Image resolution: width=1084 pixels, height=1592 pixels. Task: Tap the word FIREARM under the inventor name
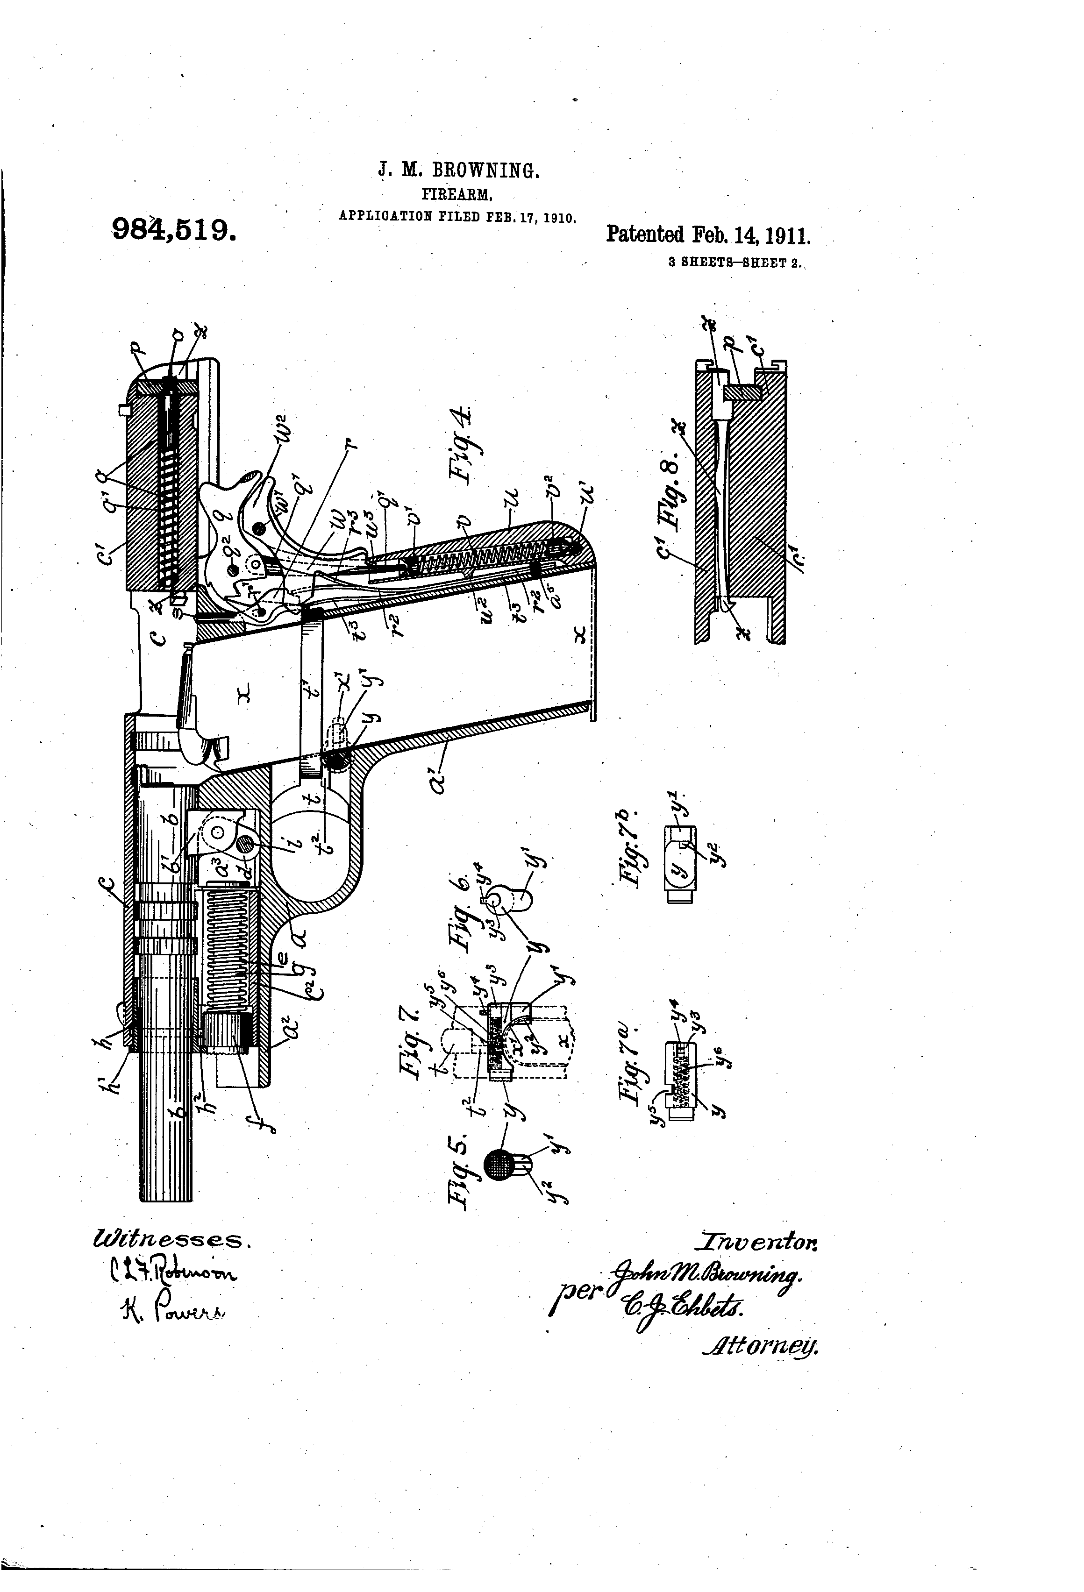click(x=458, y=194)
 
